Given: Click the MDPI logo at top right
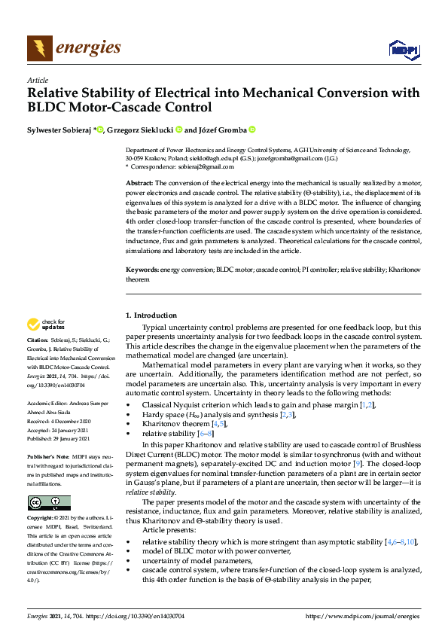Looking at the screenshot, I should [x=402, y=50].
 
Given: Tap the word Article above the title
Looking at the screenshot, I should [x=37, y=80].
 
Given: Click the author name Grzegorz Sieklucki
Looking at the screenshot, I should [x=143, y=130].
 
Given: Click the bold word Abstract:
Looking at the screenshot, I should [x=139, y=183].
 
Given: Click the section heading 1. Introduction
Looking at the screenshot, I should [x=151, y=315].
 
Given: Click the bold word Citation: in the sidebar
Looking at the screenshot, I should [x=39, y=361].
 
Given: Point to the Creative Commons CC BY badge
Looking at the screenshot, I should [x=49, y=503].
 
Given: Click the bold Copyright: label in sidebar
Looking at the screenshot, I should [x=42, y=519].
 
